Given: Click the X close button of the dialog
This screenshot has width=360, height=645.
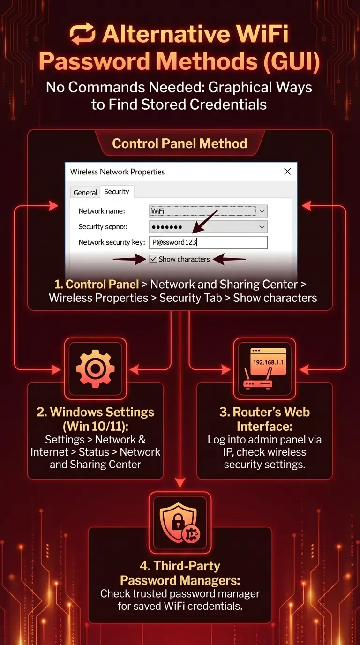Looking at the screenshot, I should [x=287, y=172].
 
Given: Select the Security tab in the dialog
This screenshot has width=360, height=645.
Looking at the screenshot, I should [x=117, y=192].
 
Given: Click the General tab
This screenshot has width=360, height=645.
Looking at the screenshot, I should [x=85, y=192].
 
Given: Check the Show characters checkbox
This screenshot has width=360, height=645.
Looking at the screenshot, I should [x=153, y=259].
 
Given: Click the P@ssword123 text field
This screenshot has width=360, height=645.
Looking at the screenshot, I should [x=208, y=242].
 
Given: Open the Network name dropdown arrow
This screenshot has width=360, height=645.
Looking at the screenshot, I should [x=262, y=211].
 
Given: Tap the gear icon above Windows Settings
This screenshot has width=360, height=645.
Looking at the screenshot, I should [x=95, y=368].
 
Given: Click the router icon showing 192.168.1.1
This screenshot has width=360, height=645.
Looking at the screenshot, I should [x=264, y=368].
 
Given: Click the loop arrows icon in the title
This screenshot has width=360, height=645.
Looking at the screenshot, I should [x=82, y=35].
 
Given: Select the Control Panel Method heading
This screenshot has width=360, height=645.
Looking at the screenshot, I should [x=180, y=143].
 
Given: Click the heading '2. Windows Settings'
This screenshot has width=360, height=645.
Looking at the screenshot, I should [x=95, y=412].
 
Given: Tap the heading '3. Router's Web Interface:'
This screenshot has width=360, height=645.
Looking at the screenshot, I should [x=264, y=419].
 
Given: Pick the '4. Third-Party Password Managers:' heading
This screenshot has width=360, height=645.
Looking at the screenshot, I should [x=180, y=573].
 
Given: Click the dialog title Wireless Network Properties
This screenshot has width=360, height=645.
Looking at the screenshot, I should [x=117, y=172].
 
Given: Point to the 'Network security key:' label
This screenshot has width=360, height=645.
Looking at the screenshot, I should [x=112, y=242].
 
